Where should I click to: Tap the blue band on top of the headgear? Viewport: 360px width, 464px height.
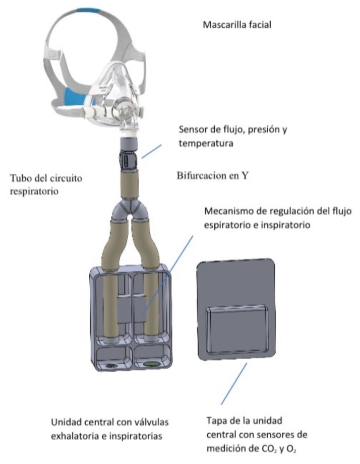point(88,10)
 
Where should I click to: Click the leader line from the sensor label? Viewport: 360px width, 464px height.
point(151,150)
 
